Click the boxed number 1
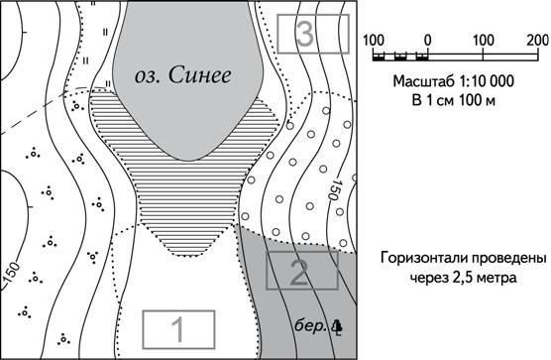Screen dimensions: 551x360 pyautogui.click(x=178, y=329)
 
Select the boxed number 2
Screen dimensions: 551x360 pyautogui.click(x=302, y=270)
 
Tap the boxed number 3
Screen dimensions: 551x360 pyautogui.click(x=313, y=34)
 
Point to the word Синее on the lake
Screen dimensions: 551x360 pyautogui.click(x=199, y=75)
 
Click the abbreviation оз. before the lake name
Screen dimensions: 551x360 pyautogui.click(x=147, y=76)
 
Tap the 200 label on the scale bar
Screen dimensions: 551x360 pyautogui.click(x=538, y=41)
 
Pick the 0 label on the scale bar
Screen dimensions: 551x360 pyautogui.click(x=427, y=41)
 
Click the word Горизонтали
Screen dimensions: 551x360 pyautogui.click(x=423, y=259)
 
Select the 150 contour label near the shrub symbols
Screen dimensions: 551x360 pyautogui.click(x=12, y=272)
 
